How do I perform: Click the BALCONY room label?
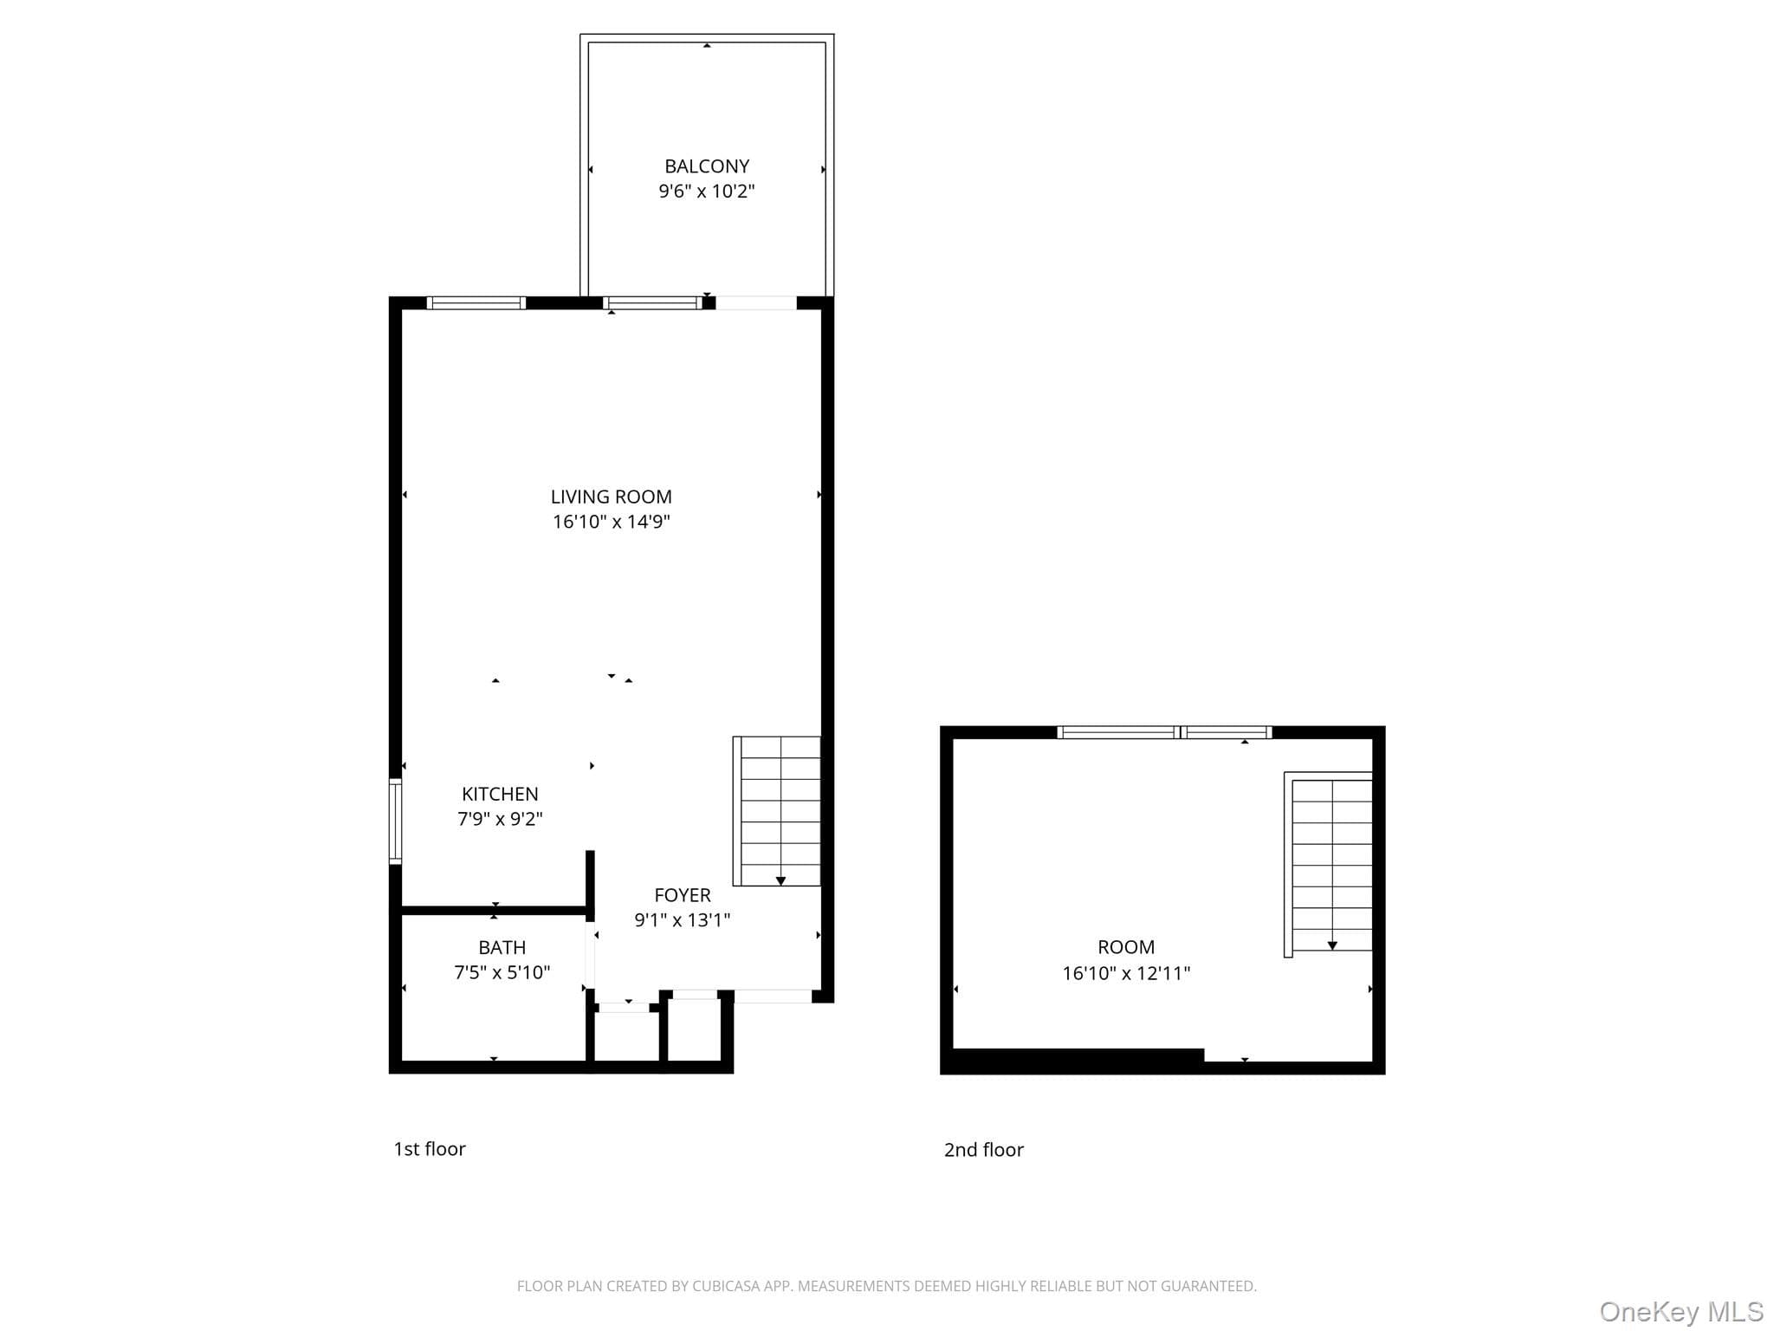(707, 166)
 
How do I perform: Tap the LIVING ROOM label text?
(611, 497)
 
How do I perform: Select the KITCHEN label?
(500, 794)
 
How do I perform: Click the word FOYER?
(683, 895)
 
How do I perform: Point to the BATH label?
(502, 947)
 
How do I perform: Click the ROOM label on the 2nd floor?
(1126, 947)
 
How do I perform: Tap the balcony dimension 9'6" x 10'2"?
(707, 191)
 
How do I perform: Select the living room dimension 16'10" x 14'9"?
(612, 522)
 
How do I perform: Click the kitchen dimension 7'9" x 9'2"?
(500, 819)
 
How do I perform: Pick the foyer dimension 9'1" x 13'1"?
(683, 920)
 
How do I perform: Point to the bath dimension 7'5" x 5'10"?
(502, 972)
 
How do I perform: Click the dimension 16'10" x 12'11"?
(1126, 973)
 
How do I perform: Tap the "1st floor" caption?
(430, 1149)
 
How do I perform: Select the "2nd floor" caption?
(984, 1150)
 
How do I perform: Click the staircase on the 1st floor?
(777, 811)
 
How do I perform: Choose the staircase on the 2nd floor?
(1329, 864)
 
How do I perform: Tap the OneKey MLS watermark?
(1681, 1312)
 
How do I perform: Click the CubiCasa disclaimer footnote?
(887, 1286)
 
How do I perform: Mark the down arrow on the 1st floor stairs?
(780, 880)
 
